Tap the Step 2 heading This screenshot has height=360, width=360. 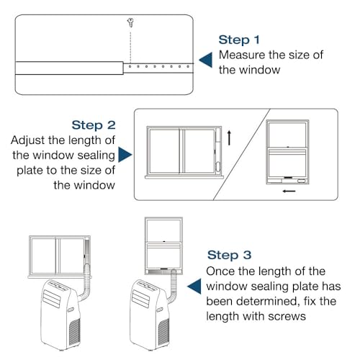click(x=94, y=125)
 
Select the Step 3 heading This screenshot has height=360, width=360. click(x=230, y=254)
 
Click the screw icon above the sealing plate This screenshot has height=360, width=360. click(x=129, y=22)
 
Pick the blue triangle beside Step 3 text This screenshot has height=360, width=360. click(x=193, y=287)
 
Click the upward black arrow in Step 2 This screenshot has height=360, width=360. click(x=229, y=138)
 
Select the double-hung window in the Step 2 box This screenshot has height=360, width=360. click(x=288, y=153)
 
